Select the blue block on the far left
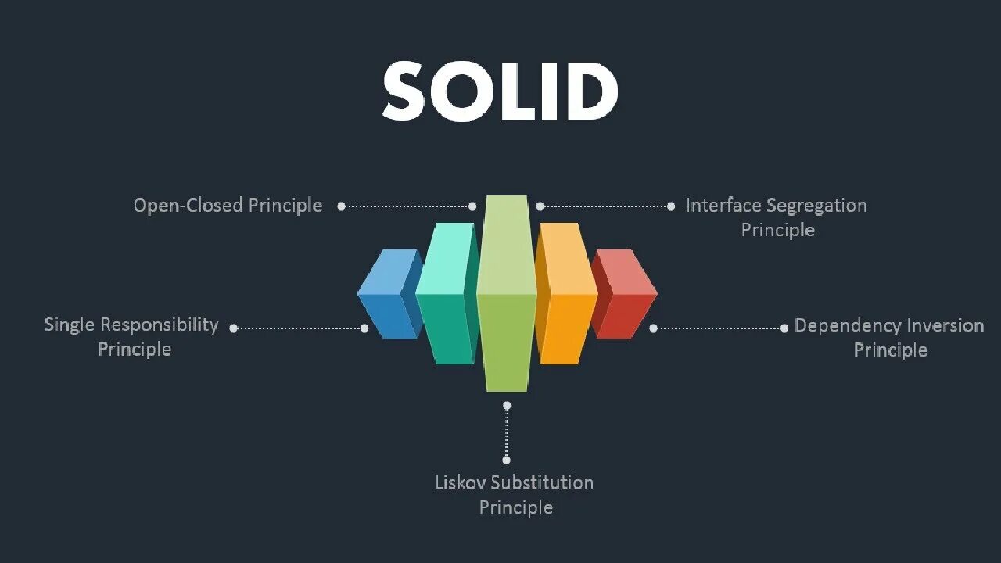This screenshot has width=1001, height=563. point(386,296)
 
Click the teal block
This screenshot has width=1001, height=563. point(445,296)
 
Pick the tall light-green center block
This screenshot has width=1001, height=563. point(506,297)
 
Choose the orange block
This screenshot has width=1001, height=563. point(567,296)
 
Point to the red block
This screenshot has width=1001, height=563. point(626,296)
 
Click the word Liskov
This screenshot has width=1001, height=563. point(458,482)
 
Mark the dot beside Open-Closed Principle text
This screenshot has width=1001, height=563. point(342,206)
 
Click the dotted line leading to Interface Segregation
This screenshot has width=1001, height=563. point(605,206)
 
